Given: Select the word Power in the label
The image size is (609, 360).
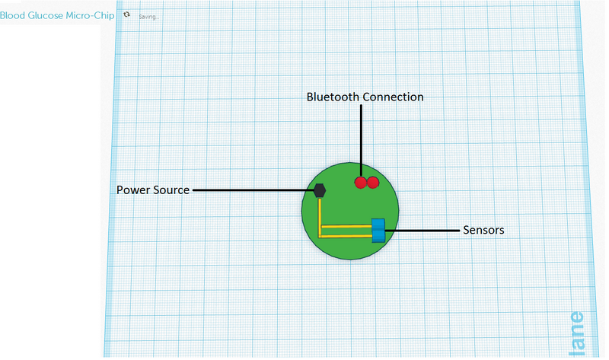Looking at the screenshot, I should click(133, 190).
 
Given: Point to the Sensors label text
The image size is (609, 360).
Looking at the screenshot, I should click(483, 229).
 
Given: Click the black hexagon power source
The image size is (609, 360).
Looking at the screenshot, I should click(320, 190).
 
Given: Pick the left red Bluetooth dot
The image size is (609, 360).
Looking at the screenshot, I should click(361, 183).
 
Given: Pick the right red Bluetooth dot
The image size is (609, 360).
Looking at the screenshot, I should click(373, 183).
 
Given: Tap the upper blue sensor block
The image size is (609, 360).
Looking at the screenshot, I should click(378, 223).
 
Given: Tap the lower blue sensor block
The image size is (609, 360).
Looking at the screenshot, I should click(378, 235).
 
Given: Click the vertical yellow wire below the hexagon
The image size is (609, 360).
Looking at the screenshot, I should click(320, 213).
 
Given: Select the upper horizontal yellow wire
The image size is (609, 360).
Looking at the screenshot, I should click(346, 225).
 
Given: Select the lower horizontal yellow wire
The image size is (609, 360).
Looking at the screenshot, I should click(346, 236).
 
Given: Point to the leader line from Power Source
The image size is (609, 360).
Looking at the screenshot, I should click(251, 190).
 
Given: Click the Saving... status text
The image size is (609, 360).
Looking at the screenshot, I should click(149, 16).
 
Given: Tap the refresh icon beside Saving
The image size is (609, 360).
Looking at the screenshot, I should click(126, 14).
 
